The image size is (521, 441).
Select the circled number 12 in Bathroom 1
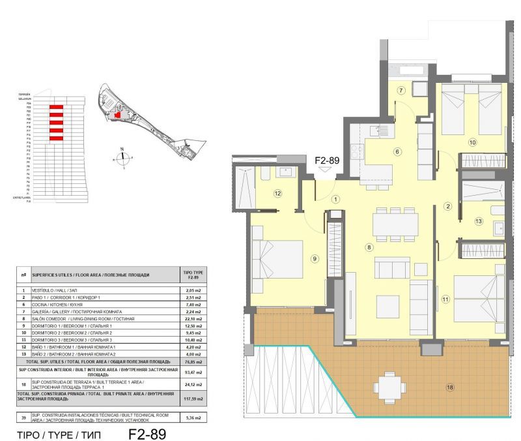(x=277, y=193)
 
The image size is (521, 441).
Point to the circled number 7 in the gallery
(x=402, y=90)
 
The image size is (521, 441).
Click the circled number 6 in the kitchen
(x=397, y=152)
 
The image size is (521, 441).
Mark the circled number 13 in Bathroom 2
(x=479, y=222)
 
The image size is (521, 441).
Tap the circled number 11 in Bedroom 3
(x=445, y=299)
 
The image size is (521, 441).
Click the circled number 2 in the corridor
(x=447, y=207)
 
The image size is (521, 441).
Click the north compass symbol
(x=122, y=157)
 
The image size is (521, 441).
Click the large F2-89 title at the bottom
(x=147, y=433)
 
